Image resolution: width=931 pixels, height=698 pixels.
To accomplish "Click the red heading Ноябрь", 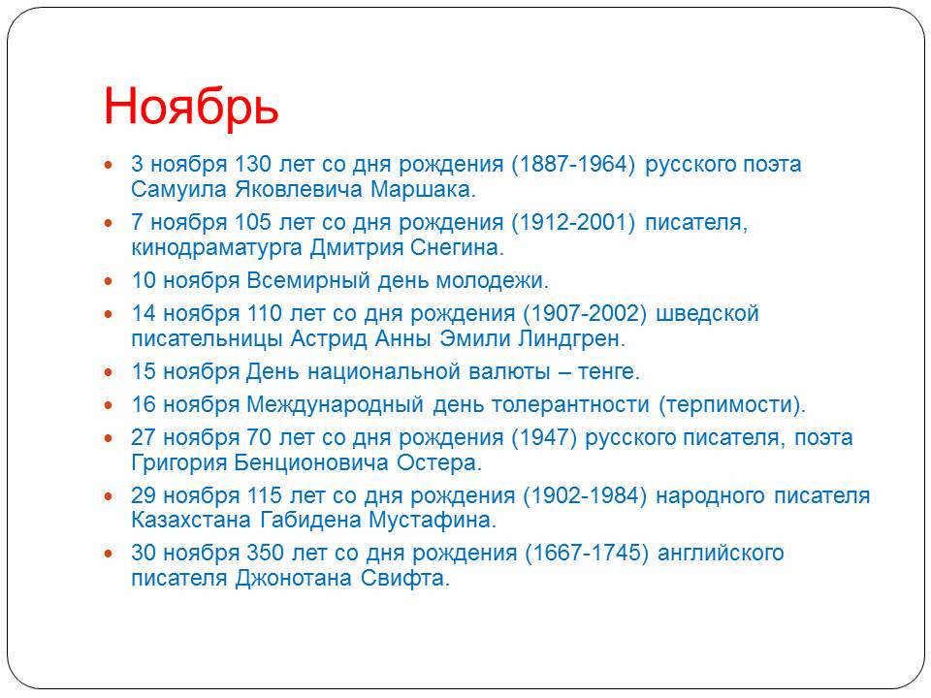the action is [191, 107].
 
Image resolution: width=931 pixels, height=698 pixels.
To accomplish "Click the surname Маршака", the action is [423, 189].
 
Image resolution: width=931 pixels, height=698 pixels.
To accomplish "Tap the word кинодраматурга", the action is [216, 247].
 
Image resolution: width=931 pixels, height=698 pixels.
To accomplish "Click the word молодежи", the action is [493, 280].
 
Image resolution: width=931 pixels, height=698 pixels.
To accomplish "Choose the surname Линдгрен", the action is [572, 339].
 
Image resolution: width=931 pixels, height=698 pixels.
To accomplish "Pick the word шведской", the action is [707, 313].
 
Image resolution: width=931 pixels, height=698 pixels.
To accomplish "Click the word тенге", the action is [609, 372].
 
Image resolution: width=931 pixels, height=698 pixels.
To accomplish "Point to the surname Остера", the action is [438, 462].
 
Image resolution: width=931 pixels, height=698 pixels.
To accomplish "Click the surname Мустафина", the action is [433, 520].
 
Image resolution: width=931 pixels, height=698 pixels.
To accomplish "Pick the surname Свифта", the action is [405, 578].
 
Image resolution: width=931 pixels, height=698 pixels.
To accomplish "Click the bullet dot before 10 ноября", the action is [108, 281].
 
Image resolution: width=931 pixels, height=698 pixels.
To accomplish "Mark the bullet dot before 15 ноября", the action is [108, 372].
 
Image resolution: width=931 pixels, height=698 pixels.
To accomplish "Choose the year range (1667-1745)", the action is [587, 553].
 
